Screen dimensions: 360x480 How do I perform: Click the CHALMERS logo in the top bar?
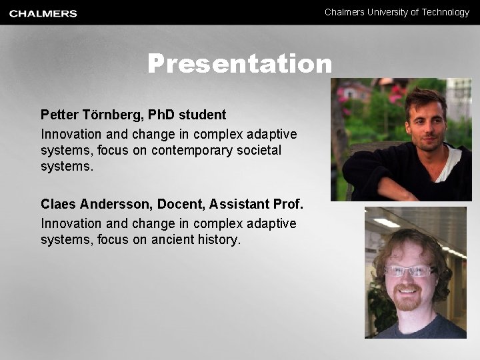tap(43, 13)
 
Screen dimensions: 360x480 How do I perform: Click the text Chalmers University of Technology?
tap(397, 12)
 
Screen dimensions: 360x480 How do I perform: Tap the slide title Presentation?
tap(239, 64)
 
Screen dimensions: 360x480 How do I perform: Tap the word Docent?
tap(181, 204)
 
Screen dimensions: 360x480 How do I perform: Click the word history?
tap(218, 239)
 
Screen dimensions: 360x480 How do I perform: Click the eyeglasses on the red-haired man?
tap(409, 271)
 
